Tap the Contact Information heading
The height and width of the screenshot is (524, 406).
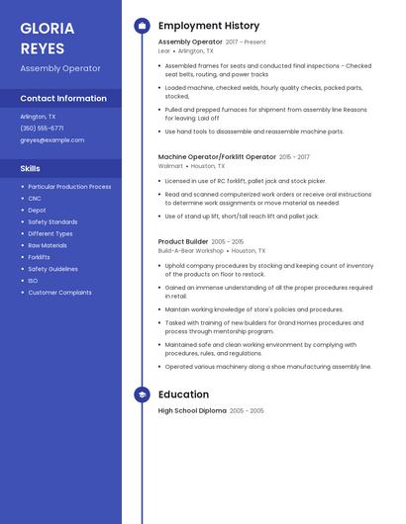pyautogui.click(x=63, y=98)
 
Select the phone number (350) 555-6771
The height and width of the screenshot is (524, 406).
pyautogui.click(x=42, y=128)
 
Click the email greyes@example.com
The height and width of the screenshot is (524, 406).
pyautogui.click(x=51, y=139)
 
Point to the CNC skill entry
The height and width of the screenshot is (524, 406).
pyautogui.click(x=35, y=198)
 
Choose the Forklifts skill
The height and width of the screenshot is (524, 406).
pyautogui.click(x=39, y=257)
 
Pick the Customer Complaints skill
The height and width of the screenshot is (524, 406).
pyautogui.click(x=59, y=293)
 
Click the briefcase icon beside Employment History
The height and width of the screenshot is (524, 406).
pyautogui.click(x=142, y=26)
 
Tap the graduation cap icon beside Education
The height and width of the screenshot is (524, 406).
pyautogui.click(x=142, y=393)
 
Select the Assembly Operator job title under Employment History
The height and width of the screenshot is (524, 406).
pyautogui.click(x=190, y=43)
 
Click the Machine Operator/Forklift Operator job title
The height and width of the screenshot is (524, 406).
pyautogui.click(x=217, y=156)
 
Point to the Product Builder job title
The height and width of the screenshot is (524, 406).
pyautogui.click(x=183, y=241)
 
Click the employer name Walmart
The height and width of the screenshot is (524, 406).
pyautogui.click(x=170, y=166)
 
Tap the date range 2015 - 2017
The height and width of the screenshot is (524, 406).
pyautogui.click(x=294, y=157)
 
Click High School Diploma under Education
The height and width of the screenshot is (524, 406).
pyautogui.click(x=192, y=410)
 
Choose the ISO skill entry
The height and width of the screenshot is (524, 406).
pyautogui.click(x=33, y=281)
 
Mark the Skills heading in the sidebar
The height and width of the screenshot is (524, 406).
pyautogui.click(x=30, y=168)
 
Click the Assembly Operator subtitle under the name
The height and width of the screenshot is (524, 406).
pyautogui.click(x=60, y=68)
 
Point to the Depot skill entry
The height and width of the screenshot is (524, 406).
pyautogui.click(x=37, y=210)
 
